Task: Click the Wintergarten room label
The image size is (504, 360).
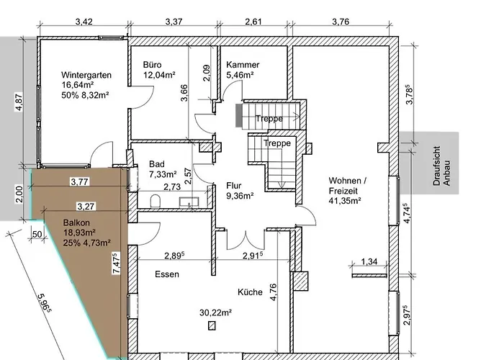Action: tap(86, 75)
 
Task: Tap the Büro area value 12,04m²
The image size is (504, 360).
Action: tap(159, 75)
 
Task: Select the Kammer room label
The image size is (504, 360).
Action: tap(243, 65)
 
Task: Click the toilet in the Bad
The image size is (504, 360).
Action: tap(155, 201)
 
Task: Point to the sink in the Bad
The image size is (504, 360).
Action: tap(189, 202)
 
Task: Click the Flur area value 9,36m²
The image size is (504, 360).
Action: tap(240, 196)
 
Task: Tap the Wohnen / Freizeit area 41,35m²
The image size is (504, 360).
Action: tap(345, 201)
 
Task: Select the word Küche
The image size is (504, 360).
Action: tap(250, 292)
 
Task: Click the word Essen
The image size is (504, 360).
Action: tap(167, 274)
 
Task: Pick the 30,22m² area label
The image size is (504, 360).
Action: tap(216, 312)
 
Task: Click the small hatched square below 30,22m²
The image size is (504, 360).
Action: tap(212, 326)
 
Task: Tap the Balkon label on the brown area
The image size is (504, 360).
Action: tap(76, 222)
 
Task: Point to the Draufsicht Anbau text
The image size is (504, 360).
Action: tap(441, 166)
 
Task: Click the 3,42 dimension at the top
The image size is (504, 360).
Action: tap(84, 22)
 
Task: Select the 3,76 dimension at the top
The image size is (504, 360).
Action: tap(341, 22)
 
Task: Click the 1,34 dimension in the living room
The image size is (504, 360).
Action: tap(369, 261)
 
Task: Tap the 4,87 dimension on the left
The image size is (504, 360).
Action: tap(19, 102)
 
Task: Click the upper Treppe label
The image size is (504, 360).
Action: tap(269, 119)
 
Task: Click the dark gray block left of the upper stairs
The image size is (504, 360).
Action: tap(239, 115)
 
